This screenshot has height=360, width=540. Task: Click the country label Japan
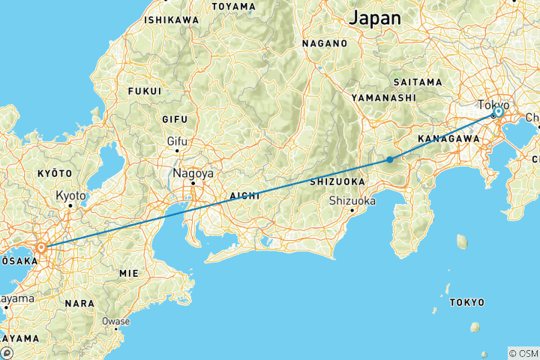pos(375,17)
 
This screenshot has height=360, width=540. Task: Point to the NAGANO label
pos(325,43)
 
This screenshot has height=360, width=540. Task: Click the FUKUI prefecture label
pos(145,91)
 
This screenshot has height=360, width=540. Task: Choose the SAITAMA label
pos(418,81)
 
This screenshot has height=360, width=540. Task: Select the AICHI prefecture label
pos(244,195)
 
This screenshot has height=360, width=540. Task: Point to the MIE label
pos(129,274)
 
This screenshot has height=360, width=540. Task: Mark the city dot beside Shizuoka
pos(352,210)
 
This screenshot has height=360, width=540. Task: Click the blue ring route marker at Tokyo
pos(498,112)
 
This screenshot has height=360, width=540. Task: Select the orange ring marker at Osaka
pos(41,247)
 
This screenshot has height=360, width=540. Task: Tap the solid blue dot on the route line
pos(390,159)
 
